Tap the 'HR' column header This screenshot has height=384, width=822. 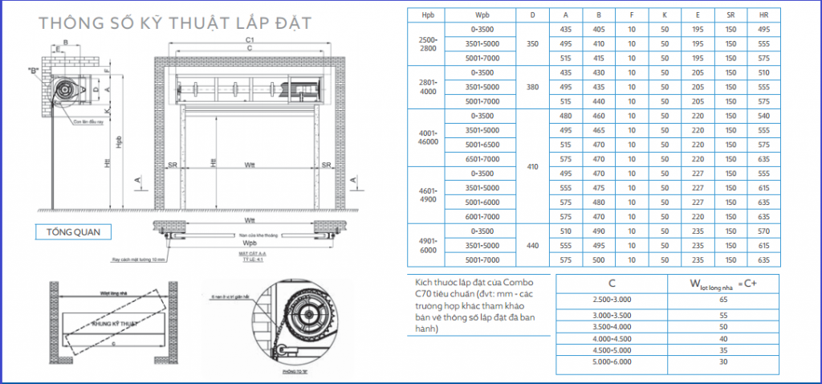point(763,15)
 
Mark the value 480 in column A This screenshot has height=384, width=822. point(565,116)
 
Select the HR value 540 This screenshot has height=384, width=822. point(763,116)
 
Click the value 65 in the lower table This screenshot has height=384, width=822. point(725,298)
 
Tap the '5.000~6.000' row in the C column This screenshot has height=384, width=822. point(612,362)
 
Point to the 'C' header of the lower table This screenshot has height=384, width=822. point(612,282)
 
